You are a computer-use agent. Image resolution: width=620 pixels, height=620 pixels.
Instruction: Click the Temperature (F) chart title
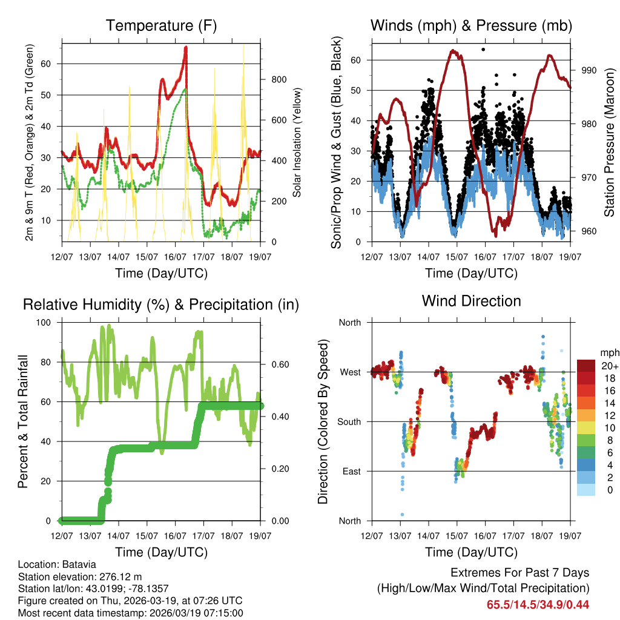(161, 25)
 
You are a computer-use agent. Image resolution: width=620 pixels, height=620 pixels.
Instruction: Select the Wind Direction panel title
(471, 301)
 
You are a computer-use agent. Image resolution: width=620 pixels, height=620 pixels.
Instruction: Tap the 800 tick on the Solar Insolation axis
(278, 80)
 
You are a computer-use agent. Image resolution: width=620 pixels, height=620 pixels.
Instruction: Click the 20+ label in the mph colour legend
(608, 366)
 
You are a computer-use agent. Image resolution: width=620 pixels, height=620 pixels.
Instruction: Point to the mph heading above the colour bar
(608, 352)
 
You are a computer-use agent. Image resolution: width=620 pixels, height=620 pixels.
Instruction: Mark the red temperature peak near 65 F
(186, 48)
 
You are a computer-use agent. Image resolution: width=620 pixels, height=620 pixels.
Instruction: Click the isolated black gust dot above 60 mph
(483, 50)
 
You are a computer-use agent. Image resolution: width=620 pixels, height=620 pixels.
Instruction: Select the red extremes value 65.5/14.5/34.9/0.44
(538, 604)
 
